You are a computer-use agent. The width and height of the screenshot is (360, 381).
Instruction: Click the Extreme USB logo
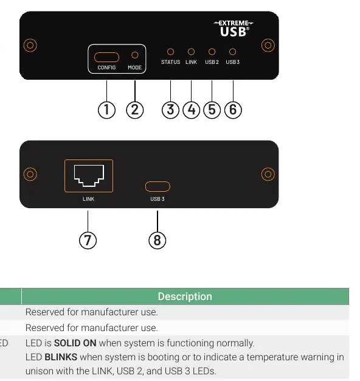234,29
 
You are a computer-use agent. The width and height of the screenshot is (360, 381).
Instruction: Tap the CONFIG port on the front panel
106,57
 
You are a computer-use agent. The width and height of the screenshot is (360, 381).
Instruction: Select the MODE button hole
135,55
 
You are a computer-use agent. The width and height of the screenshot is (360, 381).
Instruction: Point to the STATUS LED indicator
171,52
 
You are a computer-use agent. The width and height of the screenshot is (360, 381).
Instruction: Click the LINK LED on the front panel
192,52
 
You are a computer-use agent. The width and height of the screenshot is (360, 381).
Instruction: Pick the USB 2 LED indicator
212,52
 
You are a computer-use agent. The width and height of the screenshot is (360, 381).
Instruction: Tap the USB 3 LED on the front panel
232,52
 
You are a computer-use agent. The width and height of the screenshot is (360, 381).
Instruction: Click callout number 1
106,110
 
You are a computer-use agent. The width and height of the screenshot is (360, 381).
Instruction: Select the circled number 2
135,110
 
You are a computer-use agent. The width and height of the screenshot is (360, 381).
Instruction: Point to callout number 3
170,110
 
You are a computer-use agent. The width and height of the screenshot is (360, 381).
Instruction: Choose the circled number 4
192,110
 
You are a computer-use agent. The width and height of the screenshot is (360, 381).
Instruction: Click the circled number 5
212,110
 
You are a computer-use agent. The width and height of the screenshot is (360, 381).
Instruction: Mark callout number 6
233,110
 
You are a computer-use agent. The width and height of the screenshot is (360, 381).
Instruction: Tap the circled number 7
88,240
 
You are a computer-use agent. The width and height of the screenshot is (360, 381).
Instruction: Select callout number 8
157,240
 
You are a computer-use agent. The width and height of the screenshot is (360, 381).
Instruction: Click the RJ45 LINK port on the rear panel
89,176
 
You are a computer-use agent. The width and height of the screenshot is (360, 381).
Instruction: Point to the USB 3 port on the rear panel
157,187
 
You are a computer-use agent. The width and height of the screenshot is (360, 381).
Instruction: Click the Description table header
185,296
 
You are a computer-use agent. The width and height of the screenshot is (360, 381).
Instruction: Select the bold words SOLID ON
75,343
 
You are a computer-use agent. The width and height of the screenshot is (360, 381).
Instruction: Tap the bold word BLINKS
61,357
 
